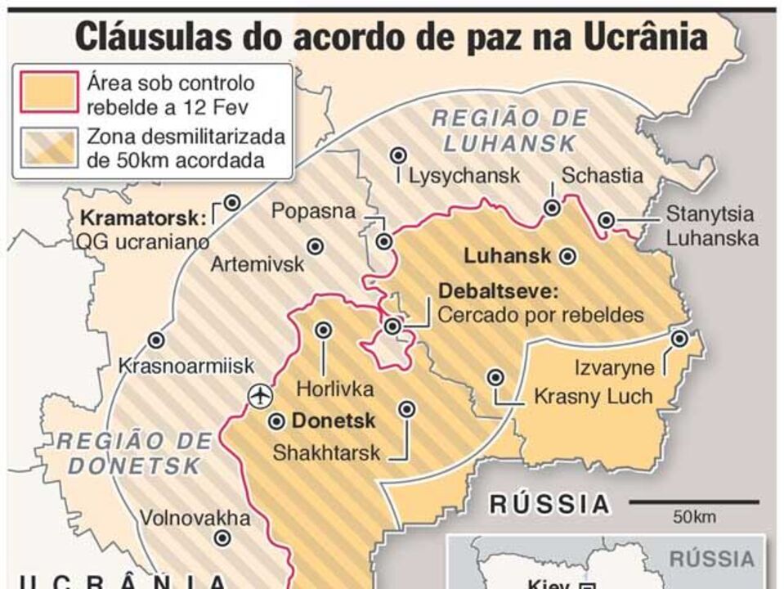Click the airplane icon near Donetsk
click(260, 396)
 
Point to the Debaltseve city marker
click(393, 326)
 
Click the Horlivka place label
click(334, 389)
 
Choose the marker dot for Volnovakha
click(222, 537)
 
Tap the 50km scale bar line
click(693, 502)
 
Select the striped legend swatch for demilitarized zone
click(47, 148)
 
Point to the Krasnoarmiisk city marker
click(156, 339)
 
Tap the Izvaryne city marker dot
click(679, 338)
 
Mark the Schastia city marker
click(553, 209)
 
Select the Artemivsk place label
click(257, 264)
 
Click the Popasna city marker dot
click(383, 241)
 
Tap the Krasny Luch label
click(593, 397)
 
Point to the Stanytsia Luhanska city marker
click(606, 220)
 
